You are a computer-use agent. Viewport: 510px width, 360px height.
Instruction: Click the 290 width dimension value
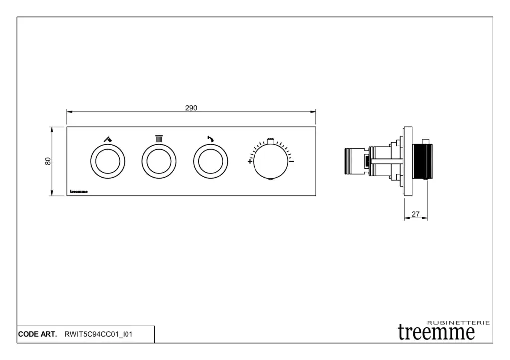coord(191,108)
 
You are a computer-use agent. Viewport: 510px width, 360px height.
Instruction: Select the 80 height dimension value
coord(48,161)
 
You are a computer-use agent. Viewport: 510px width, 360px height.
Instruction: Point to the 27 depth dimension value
coord(416,214)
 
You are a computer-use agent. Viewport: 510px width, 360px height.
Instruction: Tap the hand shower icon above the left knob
coord(108,139)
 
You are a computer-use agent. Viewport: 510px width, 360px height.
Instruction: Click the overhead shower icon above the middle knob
coord(159,139)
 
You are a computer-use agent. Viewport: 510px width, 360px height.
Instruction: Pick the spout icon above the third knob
coord(211,139)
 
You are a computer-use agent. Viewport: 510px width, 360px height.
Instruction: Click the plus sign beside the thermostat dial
coord(250,161)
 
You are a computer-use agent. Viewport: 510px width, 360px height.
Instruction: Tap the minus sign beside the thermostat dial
coord(292,161)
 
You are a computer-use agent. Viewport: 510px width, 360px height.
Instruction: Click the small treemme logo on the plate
coord(79,192)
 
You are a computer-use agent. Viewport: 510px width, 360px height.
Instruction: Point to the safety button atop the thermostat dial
coord(270,141)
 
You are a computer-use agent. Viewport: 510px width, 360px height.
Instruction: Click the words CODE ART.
coord(37,334)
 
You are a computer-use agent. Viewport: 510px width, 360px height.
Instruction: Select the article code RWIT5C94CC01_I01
coord(99,334)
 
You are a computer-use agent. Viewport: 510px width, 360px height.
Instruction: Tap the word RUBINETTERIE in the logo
coord(458,323)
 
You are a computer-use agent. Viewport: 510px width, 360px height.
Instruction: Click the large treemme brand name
coord(436,332)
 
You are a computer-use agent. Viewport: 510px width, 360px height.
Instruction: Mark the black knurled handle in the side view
coord(422,161)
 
